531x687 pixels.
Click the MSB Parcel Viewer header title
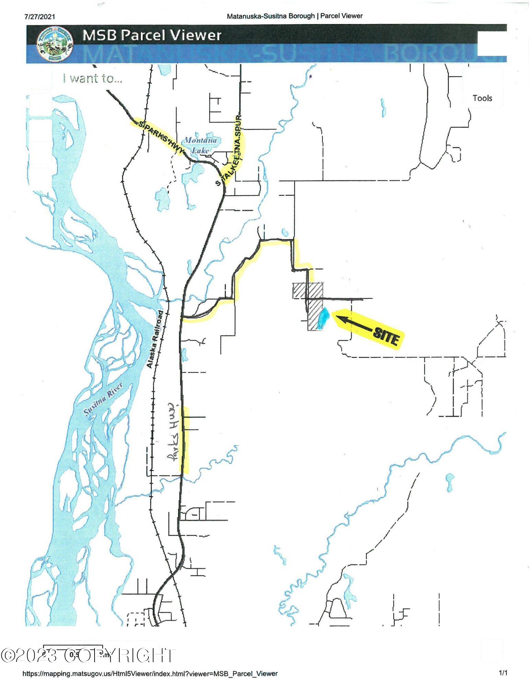152,35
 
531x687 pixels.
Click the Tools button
482,98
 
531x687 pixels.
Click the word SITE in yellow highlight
386,336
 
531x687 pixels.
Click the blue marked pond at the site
323,318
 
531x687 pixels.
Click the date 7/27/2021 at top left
40,16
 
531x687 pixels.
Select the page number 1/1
503,673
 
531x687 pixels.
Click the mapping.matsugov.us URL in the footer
150,674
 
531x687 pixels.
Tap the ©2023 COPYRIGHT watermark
88,655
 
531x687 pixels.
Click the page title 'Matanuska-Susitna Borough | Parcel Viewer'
295,16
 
